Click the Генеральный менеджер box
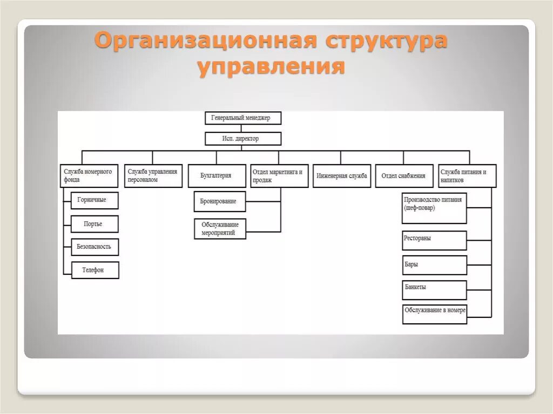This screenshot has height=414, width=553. (x=243, y=118)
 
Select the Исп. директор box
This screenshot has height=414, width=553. (x=243, y=139)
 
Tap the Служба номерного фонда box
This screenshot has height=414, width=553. (x=88, y=176)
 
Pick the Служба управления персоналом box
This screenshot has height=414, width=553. (x=153, y=176)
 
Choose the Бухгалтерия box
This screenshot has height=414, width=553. (x=216, y=176)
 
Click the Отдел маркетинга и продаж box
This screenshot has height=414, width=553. (x=279, y=176)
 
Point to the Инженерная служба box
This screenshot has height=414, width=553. (x=342, y=176)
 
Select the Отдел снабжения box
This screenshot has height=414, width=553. (x=404, y=176)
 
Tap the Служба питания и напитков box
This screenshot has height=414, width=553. (x=467, y=176)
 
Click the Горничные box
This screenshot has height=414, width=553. (x=95, y=200)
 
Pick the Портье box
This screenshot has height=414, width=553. (x=95, y=224)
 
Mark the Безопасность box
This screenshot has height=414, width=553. (x=95, y=247)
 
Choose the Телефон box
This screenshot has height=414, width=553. (x=95, y=270)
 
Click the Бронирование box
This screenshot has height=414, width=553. (x=219, y=201)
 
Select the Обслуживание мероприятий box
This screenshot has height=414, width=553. (x=219, y=229)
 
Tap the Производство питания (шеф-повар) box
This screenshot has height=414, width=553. (x=434, y=208)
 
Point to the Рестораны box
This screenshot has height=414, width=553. (x=434, y=241)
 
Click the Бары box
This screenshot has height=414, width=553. (x=434, y=265)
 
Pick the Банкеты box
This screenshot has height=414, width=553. (x=434, y=290)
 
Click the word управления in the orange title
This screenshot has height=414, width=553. (x=271, y=67)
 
